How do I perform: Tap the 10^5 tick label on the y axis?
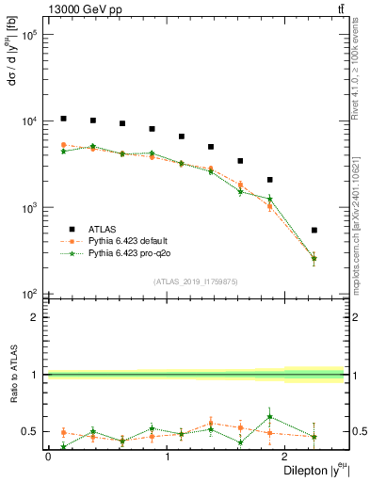(x=29, y=35)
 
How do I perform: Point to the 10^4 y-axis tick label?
(x=29, y=121)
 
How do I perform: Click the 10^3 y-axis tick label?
(x=29, y=207)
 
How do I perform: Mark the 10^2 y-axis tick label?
(x=29, y=294)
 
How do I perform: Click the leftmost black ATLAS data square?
(x=63, y=119)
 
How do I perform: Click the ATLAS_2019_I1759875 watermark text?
(x=196, y=281)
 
